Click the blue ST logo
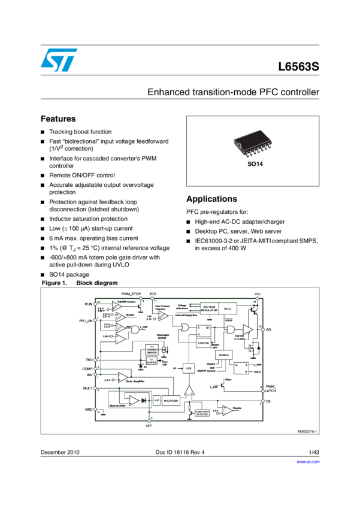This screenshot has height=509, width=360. click(59, 60)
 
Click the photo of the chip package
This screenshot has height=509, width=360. click(252, 144)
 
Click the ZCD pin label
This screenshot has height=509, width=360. click(153, 294)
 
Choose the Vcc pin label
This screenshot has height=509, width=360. click(258, 294)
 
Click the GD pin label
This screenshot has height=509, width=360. click(268, 330)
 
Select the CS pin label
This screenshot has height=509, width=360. click(268, 401)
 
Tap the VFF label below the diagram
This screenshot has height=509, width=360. click(150, 426)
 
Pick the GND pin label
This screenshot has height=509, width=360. click(89, 409)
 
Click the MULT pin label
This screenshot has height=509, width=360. click(87, 389)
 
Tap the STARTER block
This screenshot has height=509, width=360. click(203, 343)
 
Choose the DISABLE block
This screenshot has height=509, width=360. click(224, 355)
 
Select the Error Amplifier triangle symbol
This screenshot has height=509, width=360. click(123, 377)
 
